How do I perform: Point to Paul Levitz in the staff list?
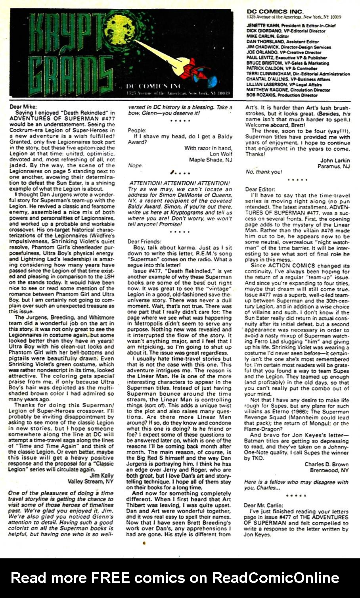tap(260, 58)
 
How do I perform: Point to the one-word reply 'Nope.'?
tap(135, 165)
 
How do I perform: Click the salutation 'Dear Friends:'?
tap(144, 241)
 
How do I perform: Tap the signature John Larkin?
tap(334, 160)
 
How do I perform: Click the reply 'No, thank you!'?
tap(264, 172)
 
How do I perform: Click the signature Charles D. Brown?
tap(326, 464)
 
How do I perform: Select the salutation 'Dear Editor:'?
tap(260, 190)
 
